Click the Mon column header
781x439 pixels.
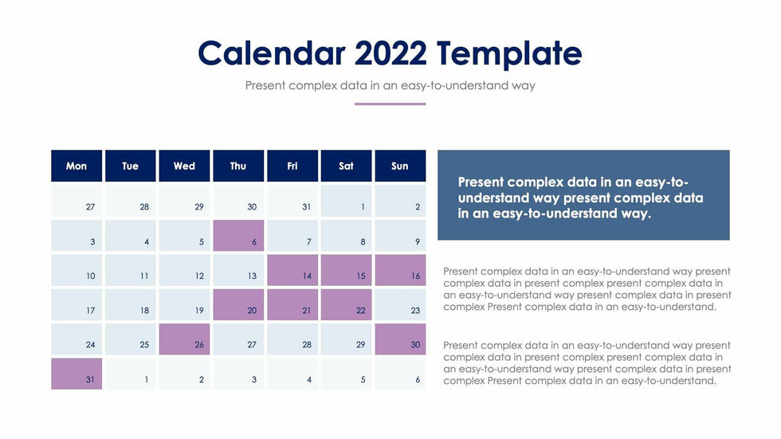pyautogui.click(x=77, y=166)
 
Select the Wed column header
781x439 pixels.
pyautogui.click(x=184, y=166)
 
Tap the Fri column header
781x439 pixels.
pyautogui.click(x=292, y=166)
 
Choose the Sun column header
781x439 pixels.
pyautogui.click(x=400, y=166)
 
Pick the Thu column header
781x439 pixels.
pyautogui.click(x=238, y=166)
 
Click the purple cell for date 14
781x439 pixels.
pyautogui.click(x=292, y=270)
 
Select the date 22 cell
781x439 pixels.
pyautogui.click(x=346, y=304)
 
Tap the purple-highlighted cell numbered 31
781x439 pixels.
pyautogui.click(x=77, y=374)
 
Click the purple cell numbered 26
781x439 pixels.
pyautogui.click(x=184, y=339)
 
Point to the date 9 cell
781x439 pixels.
pyautogui.click(x=400, y=236)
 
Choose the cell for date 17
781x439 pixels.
pyautogui.click(x=77, y=304)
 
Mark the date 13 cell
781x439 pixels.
pyautogui.click(x=238, y=270)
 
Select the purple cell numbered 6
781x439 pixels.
pyautogui.click(x=238, y=236)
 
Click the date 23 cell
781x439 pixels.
pyautogui.click(x=400, y=304)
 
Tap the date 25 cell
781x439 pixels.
pyautogui.click(x=131, y=339)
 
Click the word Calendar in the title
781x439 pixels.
pyautogui.click(x=272, y=53)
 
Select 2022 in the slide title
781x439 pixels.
pyautogui.click(x=390, y=53)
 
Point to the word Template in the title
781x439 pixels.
pyautogui.click(x=509, y=54)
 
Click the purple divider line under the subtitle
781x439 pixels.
pyautogui.click(x=390, y=104)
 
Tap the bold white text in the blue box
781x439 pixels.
pyautogui.click(x=580, y=198)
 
